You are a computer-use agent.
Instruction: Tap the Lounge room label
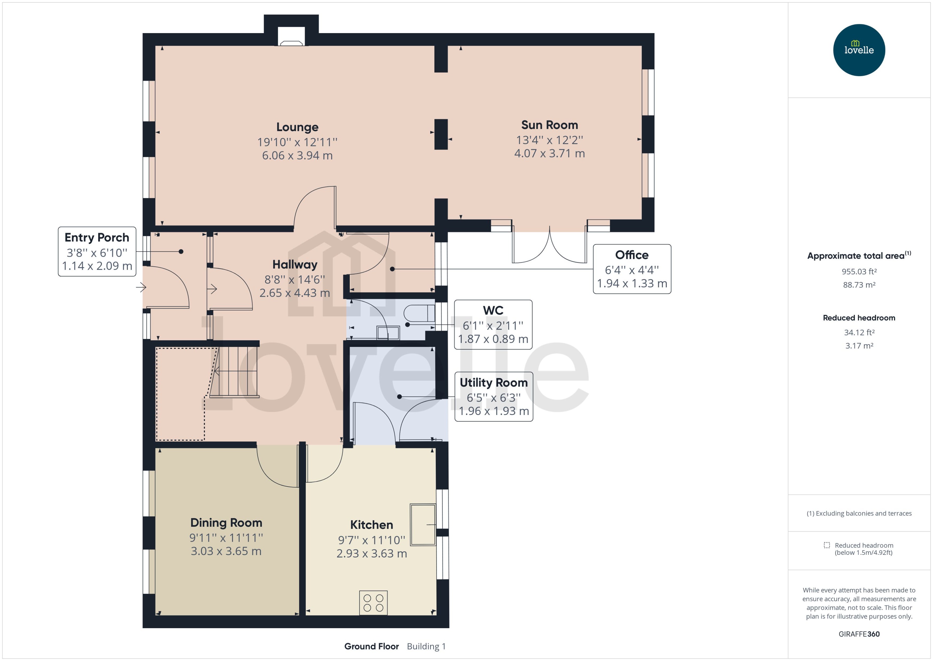point(297,127)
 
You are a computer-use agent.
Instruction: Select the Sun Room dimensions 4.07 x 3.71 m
point(549,153)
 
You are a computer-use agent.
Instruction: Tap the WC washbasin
point(388,333)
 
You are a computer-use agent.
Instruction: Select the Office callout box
point(632,269)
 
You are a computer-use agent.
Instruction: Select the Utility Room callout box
point(494,397)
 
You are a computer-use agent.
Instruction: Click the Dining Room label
point(226,523)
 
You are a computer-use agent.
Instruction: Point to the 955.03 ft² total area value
point(859,271)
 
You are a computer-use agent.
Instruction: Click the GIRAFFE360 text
point(859,634)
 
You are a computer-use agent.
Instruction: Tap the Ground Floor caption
point(371,646)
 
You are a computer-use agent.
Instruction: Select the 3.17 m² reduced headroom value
point(859,346)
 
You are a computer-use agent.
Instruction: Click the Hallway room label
point(295,264)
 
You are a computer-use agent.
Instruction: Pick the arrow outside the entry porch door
point(141,287)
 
